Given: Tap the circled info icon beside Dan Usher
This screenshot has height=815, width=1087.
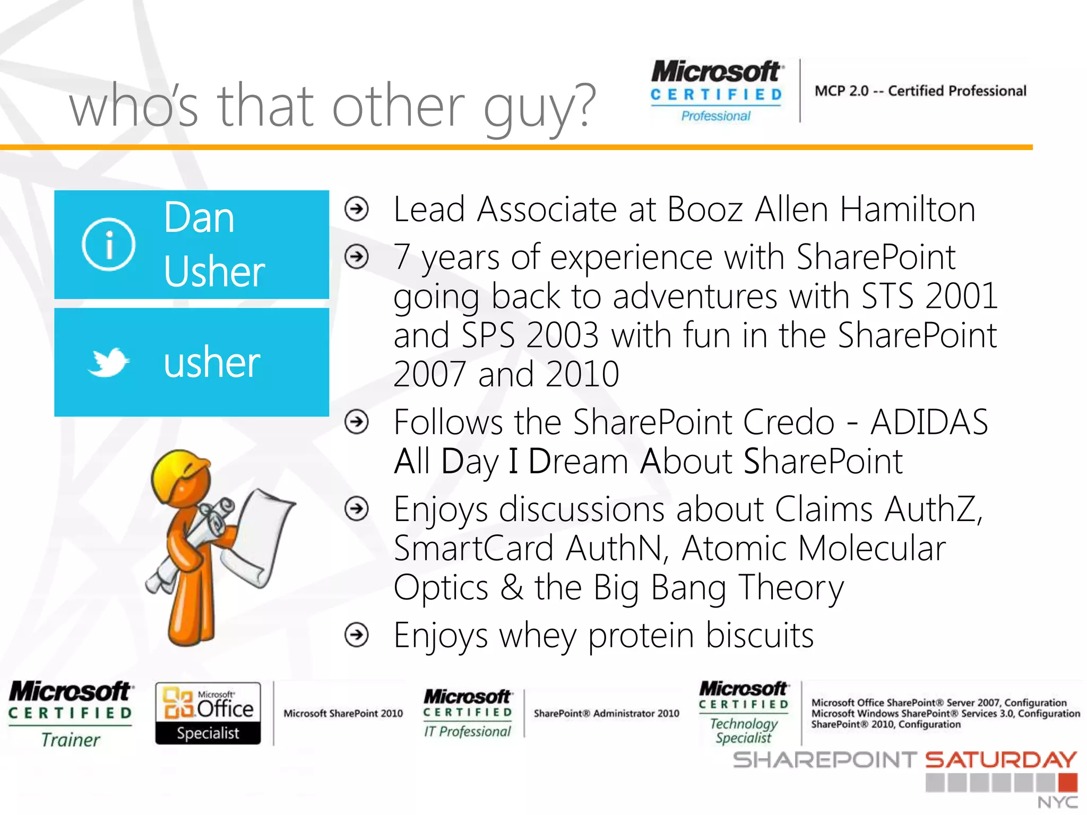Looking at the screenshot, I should tap(108, 245).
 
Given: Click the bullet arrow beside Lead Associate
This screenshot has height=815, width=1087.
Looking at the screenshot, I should tap(357, 209).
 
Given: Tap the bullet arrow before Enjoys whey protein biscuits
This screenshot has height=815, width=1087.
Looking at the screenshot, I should tap(357, 635).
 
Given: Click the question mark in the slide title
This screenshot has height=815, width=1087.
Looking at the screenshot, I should tap(584, 106).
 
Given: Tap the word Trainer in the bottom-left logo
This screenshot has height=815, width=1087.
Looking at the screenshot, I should tap(71, 740).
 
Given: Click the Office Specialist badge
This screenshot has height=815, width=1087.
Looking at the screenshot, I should tap(208, 713).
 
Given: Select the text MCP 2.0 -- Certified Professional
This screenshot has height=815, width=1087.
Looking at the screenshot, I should tap(920, 91).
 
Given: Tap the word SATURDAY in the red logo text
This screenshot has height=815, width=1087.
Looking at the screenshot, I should tap(1001, 760).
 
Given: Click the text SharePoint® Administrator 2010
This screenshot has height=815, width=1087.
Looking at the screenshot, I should tap(606, 714).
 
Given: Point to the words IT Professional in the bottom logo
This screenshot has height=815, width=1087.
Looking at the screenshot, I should tap(467, 732).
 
